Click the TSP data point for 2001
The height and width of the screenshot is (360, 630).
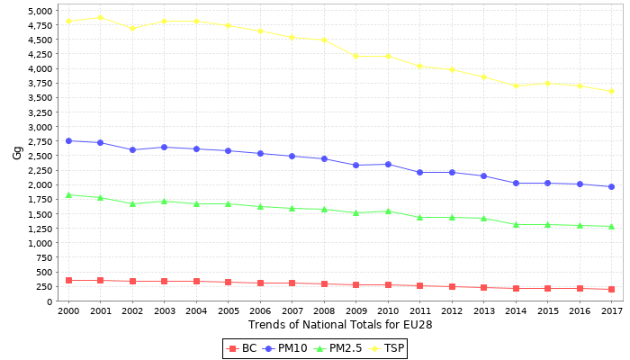(100, 17)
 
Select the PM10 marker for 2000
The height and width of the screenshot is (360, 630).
(68, 140)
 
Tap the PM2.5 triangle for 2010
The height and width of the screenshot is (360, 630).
(388, 211)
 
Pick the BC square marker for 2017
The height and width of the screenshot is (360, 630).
(611, 289)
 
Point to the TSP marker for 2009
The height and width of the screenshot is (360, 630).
(355, 56)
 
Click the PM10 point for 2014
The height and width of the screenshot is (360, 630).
(516, 183)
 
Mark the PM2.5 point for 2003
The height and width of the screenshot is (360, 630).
(164, 201)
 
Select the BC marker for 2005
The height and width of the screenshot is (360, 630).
(228, 282)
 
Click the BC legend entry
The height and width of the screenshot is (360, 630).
(242, 348)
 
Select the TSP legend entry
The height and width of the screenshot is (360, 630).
(387, 348)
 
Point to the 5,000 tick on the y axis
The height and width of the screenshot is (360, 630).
(39, 11)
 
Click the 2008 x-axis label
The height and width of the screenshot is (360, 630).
(324, 310)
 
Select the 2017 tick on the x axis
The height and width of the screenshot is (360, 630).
(611, 310)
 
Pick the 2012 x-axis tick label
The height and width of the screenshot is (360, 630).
(452, 310)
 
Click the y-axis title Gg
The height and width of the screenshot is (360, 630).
(17, 153)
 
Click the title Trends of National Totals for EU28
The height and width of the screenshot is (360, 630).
(340, 325)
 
